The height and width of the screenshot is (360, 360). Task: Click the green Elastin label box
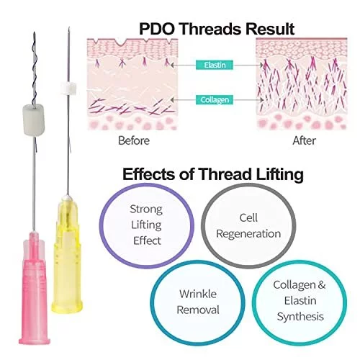[x=215, y=65]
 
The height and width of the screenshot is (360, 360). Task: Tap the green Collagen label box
[x=215, y=99]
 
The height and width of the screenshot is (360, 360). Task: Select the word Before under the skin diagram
[x=134, y=140]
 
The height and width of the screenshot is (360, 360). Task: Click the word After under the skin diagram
[x=304, y=140]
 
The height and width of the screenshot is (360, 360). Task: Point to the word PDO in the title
[x=157, y=29]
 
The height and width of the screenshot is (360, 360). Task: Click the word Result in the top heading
[x=270, y=29]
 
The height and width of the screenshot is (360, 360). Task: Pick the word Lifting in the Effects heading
[x=279, y=174]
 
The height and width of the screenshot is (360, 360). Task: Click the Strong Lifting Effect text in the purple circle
[x=146, y=225]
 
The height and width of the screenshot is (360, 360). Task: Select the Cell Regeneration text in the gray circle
[x=248, y=225]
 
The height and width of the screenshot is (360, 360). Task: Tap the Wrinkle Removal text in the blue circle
[x=198, y=302]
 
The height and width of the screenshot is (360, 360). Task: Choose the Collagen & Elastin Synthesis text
[x=300, y=300]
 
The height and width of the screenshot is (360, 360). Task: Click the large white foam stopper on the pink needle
[x=34, y=119]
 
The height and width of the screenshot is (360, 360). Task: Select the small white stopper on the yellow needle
[x=68, y=88]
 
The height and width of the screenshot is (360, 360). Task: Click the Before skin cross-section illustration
[x=132, y=84]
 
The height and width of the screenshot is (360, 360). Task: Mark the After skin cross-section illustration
[x=302, y=84]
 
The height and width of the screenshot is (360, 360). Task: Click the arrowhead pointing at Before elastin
[x=173, y=65]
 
